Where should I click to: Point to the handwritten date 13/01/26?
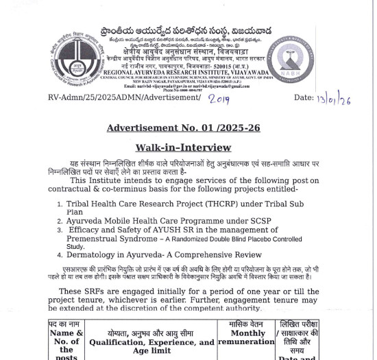(x=335, y=99)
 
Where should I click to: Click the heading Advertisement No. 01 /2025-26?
(x=183, y=128)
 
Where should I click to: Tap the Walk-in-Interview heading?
(x=183, y=147)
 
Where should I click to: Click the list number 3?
(x=60, y=230)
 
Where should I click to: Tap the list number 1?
(x=60, y=204)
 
